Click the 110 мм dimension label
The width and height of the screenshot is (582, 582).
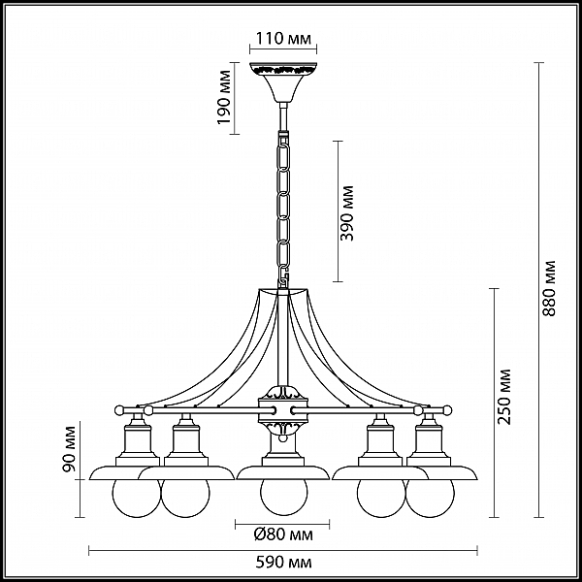[x=283, y=38]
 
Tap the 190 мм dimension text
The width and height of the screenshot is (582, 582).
[x=224, y=97]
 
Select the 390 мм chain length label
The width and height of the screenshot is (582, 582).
[x=346, y=213]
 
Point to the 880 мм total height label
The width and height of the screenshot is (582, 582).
[x=549, y=288]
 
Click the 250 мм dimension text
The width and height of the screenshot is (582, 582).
[x=504, y=397]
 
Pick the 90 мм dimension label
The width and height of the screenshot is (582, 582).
[x=69, y=449]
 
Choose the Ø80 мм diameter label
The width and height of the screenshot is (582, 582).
[x=283, y=534]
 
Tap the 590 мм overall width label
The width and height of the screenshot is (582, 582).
[x=283, y=563]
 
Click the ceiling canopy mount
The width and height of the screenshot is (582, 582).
[x=283, y=82]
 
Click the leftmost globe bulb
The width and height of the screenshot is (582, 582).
[x=136, y=499]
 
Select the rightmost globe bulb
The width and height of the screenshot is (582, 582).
[x=431, y=499]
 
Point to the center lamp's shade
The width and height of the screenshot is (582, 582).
[x=283, y=472]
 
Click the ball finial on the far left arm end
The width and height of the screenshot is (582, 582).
[x=119, y=410]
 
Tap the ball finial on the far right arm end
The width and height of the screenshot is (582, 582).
[x=447, y=410]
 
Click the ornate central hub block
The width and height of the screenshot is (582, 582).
[x=283, y=410]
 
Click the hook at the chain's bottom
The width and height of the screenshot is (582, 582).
[x=284, y=276]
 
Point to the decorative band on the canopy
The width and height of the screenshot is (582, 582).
[x=283, y=69]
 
